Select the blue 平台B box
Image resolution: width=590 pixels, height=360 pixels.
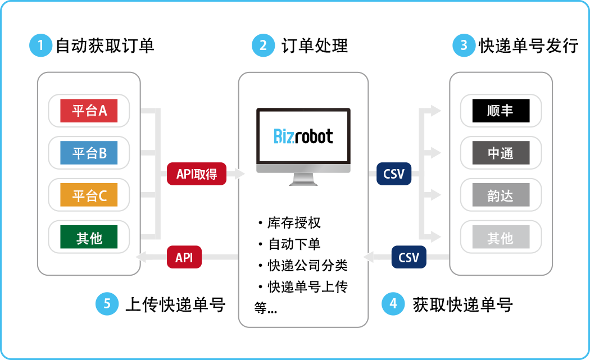[89, 153]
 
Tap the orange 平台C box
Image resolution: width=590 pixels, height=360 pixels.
[89, 195]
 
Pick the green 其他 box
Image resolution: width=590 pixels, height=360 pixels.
[89, 238]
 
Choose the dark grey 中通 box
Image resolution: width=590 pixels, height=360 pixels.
[501, 153]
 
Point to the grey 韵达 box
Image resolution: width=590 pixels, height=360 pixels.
[501, 195]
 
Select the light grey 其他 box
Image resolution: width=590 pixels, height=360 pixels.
[501, 238]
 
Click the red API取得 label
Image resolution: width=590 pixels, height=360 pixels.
[197, 174]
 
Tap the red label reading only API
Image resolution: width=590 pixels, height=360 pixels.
[184, 258]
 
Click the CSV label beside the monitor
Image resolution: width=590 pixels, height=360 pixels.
[394, 174]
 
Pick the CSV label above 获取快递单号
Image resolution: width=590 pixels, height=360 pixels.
[409, 258]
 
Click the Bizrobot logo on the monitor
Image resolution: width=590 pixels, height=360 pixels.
[303, 136]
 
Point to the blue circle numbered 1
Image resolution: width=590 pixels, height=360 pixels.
[40, 45]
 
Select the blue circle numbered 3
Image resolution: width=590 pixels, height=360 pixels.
[464, 45]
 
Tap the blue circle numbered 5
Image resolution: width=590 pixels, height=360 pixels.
[107, 304]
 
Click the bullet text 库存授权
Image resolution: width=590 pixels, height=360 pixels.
[294, 223]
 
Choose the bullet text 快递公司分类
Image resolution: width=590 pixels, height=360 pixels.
[307, 265]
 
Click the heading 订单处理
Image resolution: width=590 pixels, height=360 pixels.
[315, 45]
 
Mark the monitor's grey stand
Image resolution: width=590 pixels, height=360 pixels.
[303, 179]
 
